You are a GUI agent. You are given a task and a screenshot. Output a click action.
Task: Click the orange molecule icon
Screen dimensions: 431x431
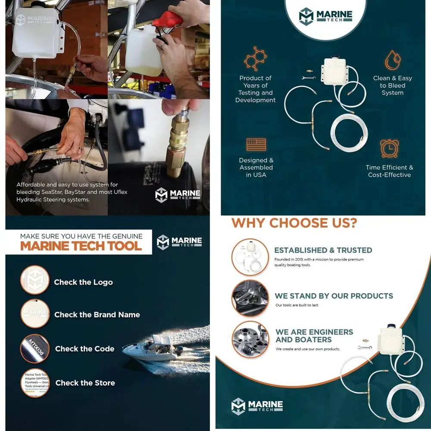pyautogui.click(x=255, y=59)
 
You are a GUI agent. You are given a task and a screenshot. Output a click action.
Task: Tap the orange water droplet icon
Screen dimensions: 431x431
pyautogui.click(x=392, y=60)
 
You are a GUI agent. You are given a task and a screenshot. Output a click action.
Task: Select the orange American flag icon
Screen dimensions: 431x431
pyautogui.click(x=256, y=144)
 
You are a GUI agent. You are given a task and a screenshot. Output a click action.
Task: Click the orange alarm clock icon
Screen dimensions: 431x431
pyautogui.click(x=390, y=148)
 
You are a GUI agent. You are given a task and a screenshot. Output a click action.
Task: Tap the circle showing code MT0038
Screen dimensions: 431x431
pyautogui.click(x=35, y=348)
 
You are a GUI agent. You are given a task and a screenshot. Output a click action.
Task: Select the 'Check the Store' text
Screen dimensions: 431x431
pyautogui.click(x=85, y=383)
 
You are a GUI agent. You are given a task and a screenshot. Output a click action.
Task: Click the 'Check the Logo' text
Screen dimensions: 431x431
pyautogui.click(x=83, y=282)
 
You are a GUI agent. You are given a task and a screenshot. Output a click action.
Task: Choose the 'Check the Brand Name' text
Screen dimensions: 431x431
pyautogui.click(x=97, y=315)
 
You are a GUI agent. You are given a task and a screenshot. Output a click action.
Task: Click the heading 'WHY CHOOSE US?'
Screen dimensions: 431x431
pyautogui.click(x=294, y=223)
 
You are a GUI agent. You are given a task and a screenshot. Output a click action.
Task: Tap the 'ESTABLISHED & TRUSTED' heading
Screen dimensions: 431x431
pyautogui.click(x=323, y=250)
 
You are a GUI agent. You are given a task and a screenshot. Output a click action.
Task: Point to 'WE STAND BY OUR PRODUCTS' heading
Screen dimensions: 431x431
pyautogui.click(x=334, y=296)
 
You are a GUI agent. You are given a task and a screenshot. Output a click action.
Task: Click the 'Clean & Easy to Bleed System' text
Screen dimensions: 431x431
pyautogui.click(x=392, y=85)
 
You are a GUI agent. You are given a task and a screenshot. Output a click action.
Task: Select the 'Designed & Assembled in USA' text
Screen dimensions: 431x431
pyautogui.click(x=256, y=168)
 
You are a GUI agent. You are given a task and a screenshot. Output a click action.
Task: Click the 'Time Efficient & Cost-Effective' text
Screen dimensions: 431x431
pyautogui.click(x=389, y=171)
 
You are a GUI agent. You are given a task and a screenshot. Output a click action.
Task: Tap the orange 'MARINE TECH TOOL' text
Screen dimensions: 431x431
pyautogui.click(x=81, y=246)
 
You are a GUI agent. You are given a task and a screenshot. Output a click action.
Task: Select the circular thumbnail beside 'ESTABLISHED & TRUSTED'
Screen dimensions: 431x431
pyautogui.click(x=250, y=257)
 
